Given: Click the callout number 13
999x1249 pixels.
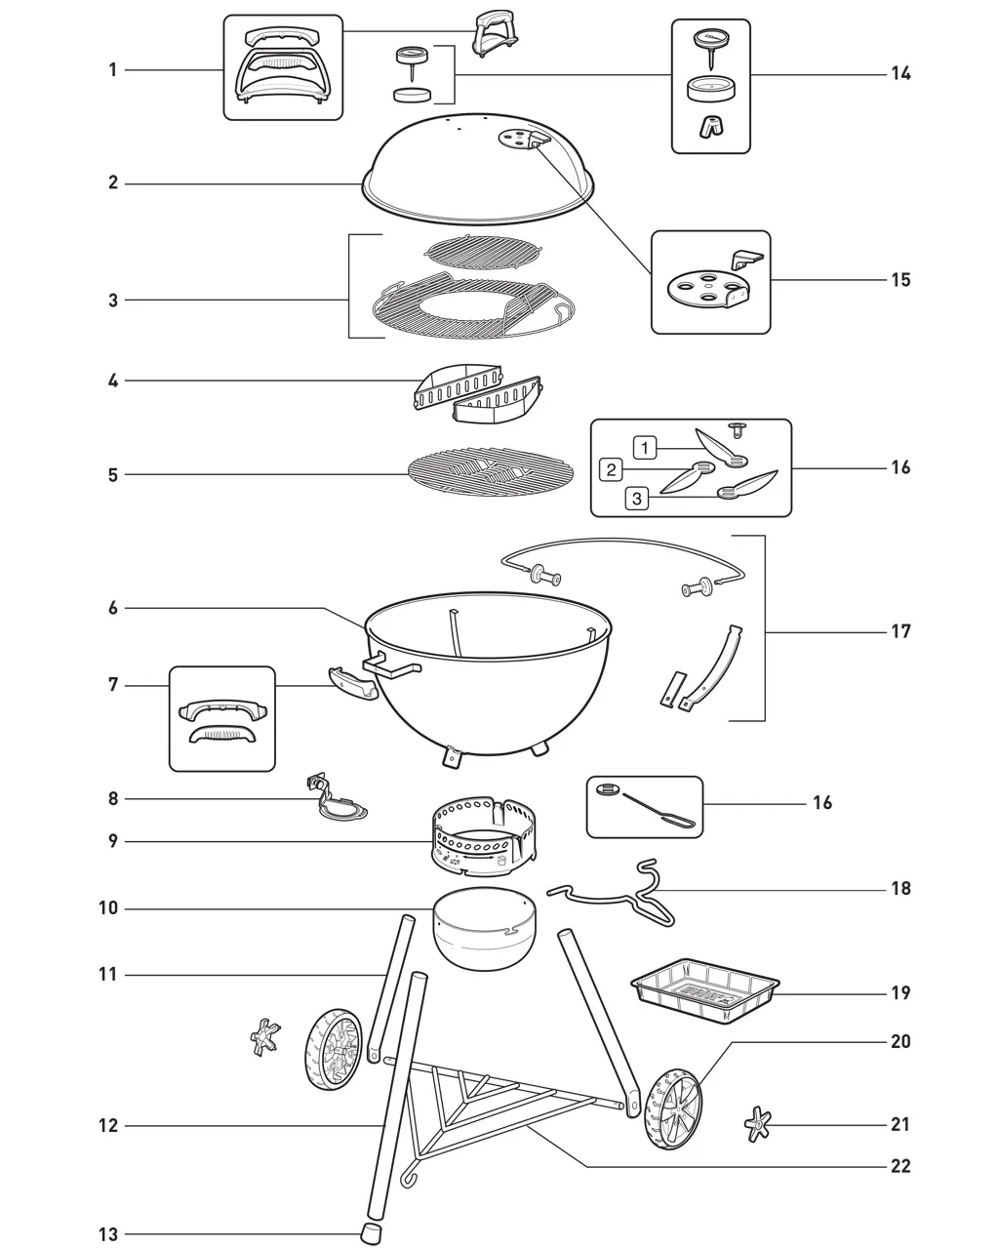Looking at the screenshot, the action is tap(108, 1234).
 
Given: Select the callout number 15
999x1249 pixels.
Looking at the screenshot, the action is tap(900, 280).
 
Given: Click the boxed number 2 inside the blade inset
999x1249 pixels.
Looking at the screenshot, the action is tap(611, 469).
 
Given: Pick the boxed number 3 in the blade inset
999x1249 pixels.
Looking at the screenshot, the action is tap(637, 499).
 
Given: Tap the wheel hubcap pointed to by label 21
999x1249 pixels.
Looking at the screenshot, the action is tap(757, 1124).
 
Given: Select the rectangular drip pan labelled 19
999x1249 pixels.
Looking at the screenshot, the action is tap(704, 990).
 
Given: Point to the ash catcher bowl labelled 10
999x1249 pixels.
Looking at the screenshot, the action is tap(485, 927).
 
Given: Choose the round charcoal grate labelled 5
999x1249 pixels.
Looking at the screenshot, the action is tap(491, 471).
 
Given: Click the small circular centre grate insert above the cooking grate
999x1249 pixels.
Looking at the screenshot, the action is tap(483, 253).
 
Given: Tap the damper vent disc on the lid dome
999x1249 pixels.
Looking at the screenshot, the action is tap(515, 140).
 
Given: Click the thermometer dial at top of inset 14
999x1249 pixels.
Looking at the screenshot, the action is tap(711, 39).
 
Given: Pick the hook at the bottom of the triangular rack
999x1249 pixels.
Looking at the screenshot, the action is tap(408, 1175).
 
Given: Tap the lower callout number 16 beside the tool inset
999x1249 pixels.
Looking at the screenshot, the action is tap(822, 803).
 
